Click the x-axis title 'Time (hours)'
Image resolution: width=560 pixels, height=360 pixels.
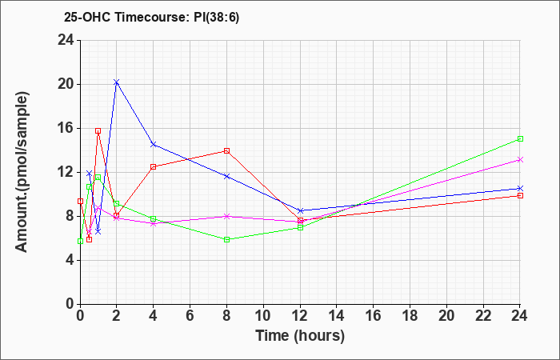(300, 335)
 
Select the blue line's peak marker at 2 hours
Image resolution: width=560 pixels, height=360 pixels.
(117, 82)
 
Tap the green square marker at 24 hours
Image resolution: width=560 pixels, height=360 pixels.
(520, 138)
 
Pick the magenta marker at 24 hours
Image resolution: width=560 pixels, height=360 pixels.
(520, 159)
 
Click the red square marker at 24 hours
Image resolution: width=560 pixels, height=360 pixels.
(520, 195)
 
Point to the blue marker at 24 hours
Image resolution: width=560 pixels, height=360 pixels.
(520, 188)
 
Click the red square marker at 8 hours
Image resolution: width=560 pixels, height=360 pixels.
(227, 150)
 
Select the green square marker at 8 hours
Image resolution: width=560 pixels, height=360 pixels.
(227, 239)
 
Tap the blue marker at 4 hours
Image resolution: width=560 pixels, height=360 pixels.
(154, 144)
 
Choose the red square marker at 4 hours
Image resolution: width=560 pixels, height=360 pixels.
(154, 166)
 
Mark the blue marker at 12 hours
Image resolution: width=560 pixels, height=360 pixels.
(301, 210)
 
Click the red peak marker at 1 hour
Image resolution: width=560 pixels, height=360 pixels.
(98, 130)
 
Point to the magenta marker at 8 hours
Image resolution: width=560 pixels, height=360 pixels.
(227, 216)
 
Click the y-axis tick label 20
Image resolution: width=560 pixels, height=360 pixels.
(65, 84)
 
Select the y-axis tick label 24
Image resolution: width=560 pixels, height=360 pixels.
(65, 40)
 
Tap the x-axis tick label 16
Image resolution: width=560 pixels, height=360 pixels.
(374, 315)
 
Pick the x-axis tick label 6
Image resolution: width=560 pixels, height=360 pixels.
(190, 315)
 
